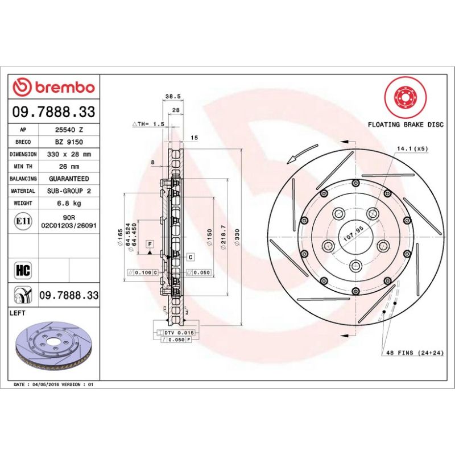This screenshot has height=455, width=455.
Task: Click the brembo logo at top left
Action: [54, 88]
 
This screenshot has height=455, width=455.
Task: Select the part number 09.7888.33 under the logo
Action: [54, 111]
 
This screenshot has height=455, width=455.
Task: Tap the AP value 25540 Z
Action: [69, 130]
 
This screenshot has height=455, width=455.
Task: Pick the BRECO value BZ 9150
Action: [69, 142]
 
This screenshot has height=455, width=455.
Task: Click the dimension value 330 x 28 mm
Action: [69, 154]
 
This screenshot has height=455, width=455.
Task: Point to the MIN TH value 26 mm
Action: [69, 167]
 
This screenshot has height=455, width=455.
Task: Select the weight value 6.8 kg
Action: [69, 203]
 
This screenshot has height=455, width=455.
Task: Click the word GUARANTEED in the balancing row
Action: [69, 179]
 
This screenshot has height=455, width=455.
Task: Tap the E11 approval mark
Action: [24, 221]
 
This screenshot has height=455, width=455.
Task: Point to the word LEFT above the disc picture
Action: [19, 313]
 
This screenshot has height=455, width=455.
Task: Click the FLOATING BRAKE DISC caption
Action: [405, 124]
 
